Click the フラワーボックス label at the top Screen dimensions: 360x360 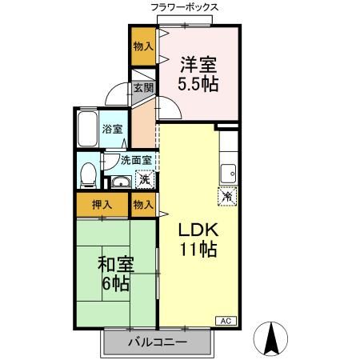pos(184,7)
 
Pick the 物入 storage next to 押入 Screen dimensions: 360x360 pos(143,205)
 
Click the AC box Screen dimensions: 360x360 pos(226,321)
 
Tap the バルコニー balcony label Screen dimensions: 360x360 pos(158,342)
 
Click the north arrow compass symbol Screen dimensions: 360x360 pos(272,340)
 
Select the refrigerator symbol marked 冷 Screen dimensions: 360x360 pos(227,194)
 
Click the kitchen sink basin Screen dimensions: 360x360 pos(229,170)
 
